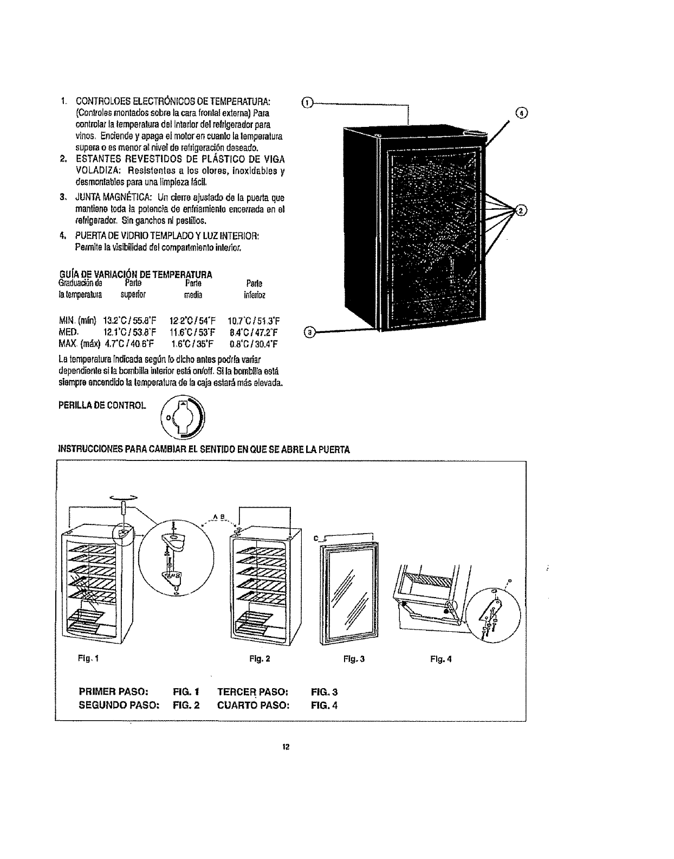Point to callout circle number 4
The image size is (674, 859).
pos(521,113)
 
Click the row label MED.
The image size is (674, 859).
pos(68,332)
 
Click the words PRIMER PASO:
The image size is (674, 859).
pos(114,691)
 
